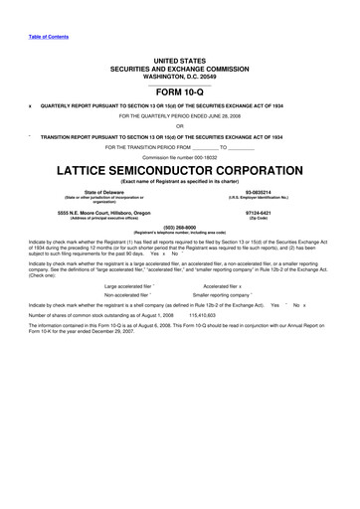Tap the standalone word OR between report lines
[x=180, y=125]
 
